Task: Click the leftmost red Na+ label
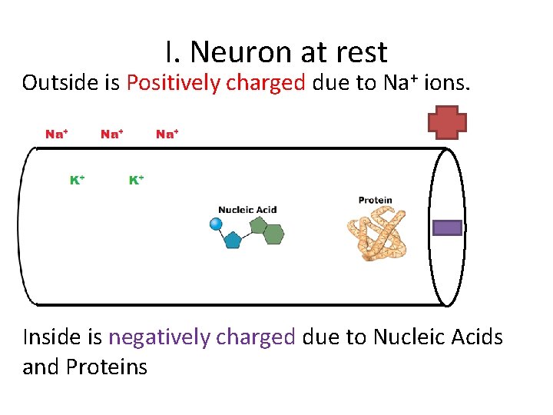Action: pos(56,134)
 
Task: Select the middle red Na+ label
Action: pos(111,134)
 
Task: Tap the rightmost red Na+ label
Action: pos(167,134)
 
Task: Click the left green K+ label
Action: pos(77,180)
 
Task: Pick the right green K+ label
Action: pos(136,180)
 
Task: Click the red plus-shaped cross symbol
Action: pos(447,122)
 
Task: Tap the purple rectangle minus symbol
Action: pos(448,227)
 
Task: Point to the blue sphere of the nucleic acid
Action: pos(216,224)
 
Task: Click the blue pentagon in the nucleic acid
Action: pos(233,239)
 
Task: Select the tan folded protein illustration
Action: pos(376,234)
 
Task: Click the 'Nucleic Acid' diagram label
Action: pos(247,210)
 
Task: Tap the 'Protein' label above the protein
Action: pos(375,201)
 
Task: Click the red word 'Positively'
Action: pos(175,83)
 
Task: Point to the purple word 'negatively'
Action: pos(161,337)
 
